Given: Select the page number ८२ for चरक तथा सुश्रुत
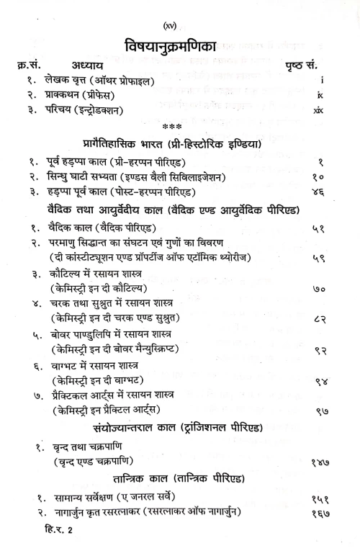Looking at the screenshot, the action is pyautogui.click(x=320, y=321).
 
